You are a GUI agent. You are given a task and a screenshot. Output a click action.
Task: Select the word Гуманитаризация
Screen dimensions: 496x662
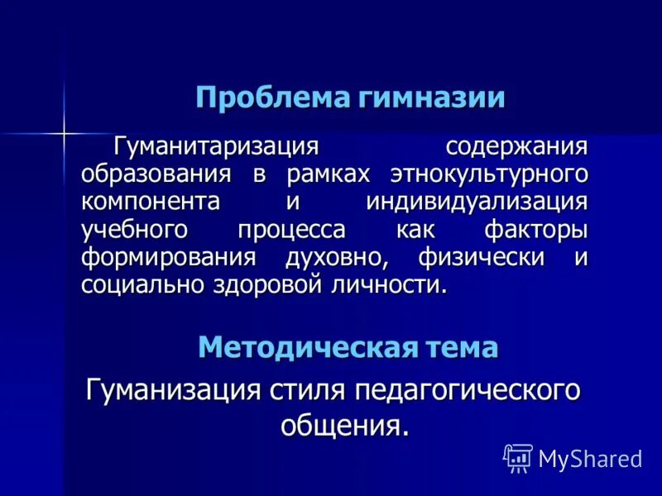(x=216, y=147)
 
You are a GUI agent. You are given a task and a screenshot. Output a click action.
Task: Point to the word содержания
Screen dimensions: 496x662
(x=516, y=147)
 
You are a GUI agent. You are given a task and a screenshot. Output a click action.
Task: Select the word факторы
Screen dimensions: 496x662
(x=536, y=230)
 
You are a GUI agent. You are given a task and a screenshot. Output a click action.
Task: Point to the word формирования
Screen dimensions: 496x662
(x=169, y=257)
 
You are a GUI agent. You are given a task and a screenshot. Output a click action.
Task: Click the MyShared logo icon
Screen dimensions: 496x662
(x=518, y=458)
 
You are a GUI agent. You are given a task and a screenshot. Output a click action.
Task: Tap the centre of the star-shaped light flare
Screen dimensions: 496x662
(x=64, y=131)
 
